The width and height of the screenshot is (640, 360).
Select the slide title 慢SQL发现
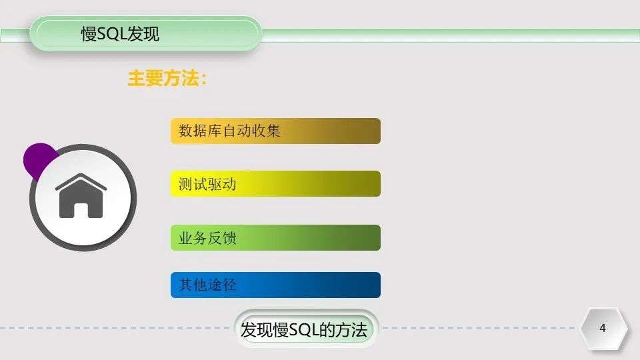click(121, 34)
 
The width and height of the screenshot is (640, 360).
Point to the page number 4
click(603, 328)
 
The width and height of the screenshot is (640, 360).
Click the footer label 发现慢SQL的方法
click(304, 329)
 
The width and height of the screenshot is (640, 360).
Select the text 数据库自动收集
click(229, 131)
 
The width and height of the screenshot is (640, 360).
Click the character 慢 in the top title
click(89, 34)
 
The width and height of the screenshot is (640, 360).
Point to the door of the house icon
click(81, 209)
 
